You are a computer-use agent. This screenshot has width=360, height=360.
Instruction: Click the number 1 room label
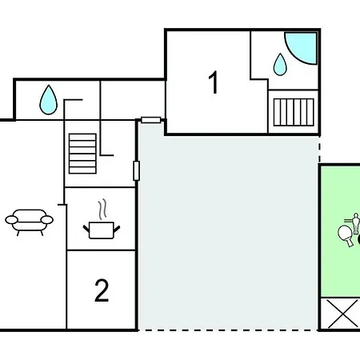214,82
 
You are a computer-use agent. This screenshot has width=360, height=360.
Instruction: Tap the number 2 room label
102,290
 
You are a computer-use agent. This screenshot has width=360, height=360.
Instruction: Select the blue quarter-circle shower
301,48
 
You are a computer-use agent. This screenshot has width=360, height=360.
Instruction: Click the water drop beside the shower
280,65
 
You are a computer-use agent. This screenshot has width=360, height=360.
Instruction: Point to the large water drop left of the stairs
48,100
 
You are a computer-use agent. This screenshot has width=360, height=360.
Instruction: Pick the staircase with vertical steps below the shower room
294,112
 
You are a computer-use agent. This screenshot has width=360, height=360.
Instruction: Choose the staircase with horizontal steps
82,154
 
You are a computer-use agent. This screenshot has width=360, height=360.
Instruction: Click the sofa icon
30,222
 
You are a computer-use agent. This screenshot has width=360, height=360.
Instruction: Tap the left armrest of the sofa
11,220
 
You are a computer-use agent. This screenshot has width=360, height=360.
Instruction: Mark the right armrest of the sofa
47,220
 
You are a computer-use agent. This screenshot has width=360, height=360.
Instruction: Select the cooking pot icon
102,230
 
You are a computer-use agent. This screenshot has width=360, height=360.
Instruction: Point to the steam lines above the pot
102,210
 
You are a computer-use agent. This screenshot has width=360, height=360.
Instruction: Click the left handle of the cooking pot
86,229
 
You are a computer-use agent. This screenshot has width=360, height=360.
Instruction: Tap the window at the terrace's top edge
151,120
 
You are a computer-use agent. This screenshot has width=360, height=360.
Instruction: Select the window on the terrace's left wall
136,170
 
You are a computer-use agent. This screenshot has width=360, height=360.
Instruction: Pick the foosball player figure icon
355,223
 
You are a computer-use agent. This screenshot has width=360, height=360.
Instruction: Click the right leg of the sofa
42,233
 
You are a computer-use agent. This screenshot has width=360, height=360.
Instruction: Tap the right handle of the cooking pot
117,229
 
